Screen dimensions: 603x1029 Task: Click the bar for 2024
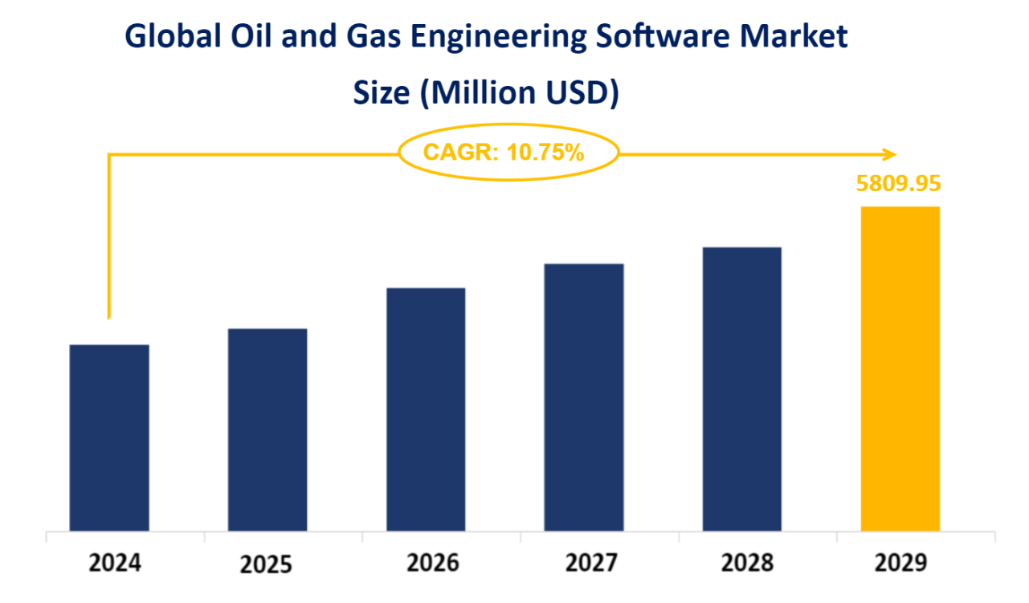coord(109,438)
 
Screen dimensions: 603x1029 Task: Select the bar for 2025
coord(267,430)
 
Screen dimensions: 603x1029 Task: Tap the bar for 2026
coord(426,409)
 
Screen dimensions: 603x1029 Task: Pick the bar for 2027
coord(584,397)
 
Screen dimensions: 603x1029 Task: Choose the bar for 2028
coord(742,389)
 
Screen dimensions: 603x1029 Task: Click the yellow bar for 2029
coord(900,369)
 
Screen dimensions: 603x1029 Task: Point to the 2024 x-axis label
coord(115,563)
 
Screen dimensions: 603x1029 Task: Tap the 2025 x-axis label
coord(267,564)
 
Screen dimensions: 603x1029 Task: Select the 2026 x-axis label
coord(433,563)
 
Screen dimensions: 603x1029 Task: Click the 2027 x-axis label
coord(591,563)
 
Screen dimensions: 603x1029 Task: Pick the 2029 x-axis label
coord(900,563)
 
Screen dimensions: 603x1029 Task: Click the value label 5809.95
coord(898,184)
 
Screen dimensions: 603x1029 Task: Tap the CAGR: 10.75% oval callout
coord(508,152)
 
